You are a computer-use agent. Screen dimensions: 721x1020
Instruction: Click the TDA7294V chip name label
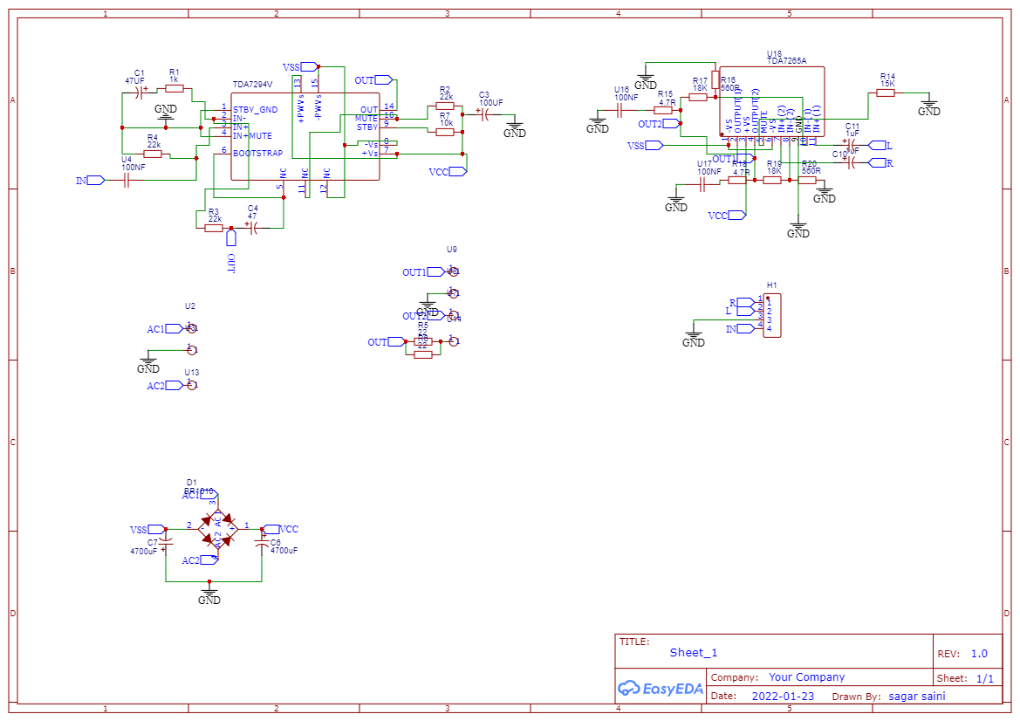point(252,85)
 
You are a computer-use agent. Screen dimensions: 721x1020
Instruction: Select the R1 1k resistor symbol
point(175,88)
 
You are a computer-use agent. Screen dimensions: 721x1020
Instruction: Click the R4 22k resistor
point(153,154)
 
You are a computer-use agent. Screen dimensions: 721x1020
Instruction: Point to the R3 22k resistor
point(213,227)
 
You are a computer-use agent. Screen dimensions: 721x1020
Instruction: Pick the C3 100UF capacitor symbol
point(485,113)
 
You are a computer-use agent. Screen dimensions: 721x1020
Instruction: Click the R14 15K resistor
point(886,93)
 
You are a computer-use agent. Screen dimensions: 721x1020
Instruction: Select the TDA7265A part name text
point(786,61)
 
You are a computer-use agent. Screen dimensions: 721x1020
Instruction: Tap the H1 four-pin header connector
point(772,315)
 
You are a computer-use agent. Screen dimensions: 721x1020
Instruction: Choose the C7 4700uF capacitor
point(166,542)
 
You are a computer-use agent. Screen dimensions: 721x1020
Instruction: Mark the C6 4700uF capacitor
point(262,542)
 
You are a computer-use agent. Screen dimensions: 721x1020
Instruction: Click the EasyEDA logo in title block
point(660,689)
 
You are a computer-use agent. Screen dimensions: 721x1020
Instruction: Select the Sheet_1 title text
point(694,652)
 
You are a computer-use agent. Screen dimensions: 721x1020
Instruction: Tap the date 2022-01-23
point(783,696)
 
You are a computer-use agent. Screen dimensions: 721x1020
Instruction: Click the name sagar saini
point(916,696)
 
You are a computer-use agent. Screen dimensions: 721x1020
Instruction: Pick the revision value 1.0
point(979,653)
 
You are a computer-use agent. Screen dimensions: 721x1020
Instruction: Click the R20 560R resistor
point(806,181)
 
